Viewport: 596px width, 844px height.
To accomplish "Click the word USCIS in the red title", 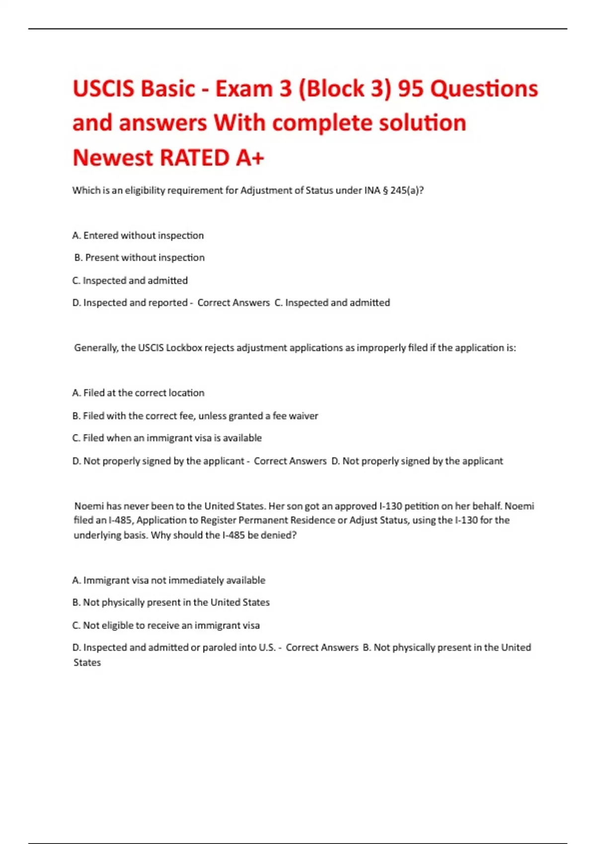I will click(x=103, y=89).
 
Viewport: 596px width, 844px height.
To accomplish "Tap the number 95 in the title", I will click(x=411, y=89).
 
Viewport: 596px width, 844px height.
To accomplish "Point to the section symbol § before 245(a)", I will click(x=385, y=191).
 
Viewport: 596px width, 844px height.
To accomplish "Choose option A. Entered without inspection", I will click(x=138, y=235).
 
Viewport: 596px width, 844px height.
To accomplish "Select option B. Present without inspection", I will click(x=139, y=258).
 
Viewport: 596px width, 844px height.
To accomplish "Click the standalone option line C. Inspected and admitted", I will click(x=130, y=281).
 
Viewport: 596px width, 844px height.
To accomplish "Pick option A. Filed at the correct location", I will click(x=138, y=393).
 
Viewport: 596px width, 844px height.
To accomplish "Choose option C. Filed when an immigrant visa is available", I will click(x=167, y=438).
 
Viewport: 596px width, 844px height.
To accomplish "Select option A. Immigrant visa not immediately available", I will click(x=169, y=580).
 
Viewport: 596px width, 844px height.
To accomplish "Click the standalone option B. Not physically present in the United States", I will click(x=171, y=602).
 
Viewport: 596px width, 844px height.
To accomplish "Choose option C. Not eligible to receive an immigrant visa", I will click(x=166, y=626).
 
